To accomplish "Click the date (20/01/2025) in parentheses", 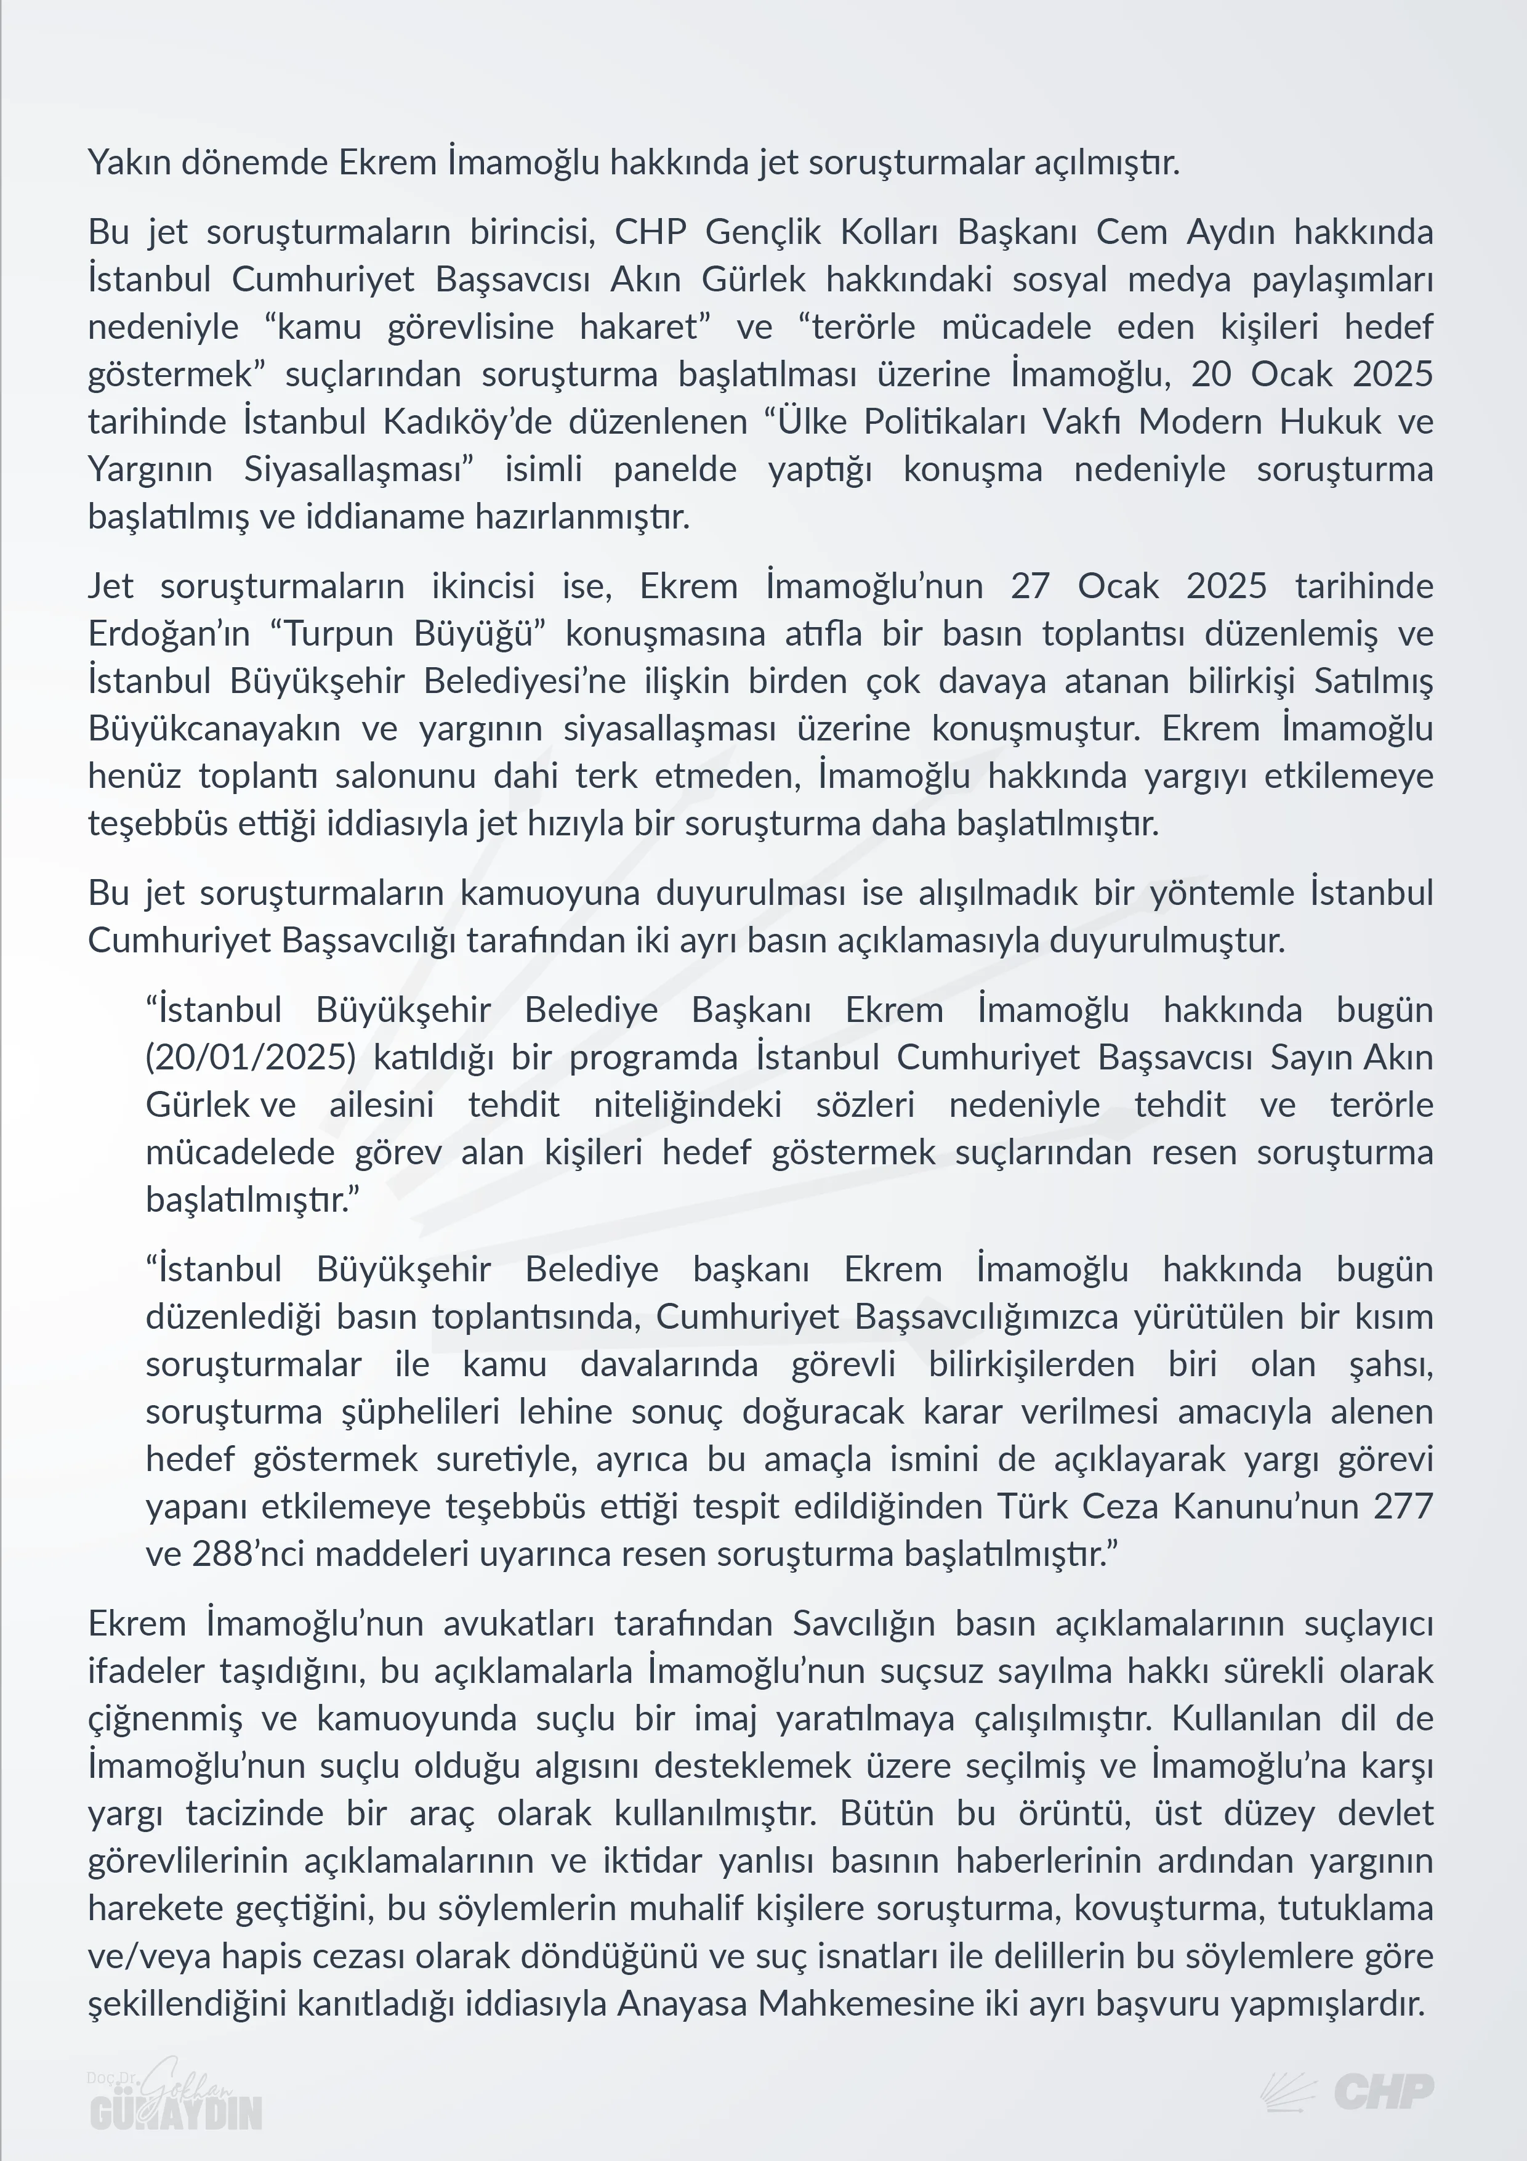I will [250, 1057].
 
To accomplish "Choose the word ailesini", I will [381, 1105].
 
